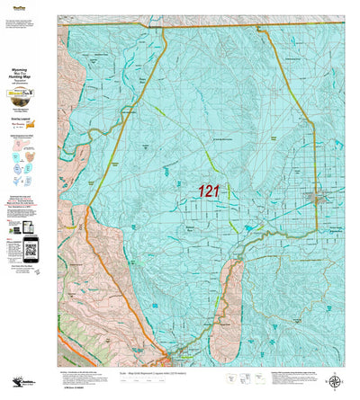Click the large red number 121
pos(209,191)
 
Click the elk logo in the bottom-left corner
pos(13,382)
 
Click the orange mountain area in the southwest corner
pos(81,315)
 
